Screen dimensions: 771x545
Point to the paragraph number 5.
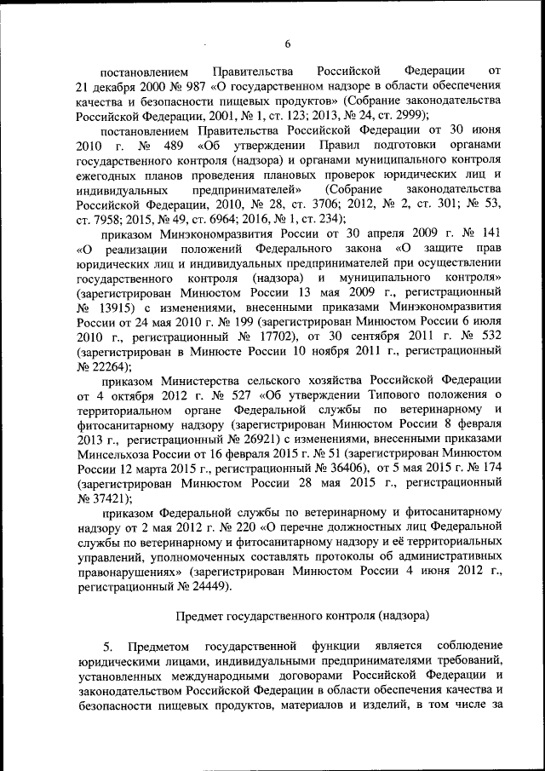click(108, 645)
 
